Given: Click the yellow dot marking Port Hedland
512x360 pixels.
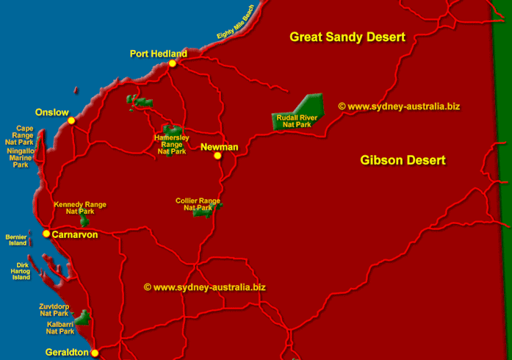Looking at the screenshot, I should coord(172,64).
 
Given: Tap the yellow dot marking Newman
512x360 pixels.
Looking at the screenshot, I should coord(217,156).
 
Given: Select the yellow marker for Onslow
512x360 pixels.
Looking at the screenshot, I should coord(71,121).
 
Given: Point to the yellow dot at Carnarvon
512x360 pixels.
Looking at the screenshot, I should coord(46,234).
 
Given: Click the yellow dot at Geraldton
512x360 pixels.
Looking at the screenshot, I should coord(95,353).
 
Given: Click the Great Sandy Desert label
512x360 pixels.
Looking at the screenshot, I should coord(347,37).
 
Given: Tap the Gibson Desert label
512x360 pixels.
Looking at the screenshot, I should coord(403,160).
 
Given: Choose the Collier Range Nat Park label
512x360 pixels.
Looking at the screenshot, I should coord(198,204).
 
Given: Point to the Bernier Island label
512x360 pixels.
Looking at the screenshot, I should coord(15,240).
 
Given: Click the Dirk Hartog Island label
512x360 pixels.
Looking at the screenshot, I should coord(21,271).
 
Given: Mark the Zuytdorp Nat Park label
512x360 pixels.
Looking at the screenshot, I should coord(53,309).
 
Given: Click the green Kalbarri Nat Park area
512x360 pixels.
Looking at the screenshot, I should coord(83,318).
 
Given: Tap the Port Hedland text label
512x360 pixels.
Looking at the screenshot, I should coord(158,53).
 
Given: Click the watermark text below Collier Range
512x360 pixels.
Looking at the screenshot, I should coord(204,287).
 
